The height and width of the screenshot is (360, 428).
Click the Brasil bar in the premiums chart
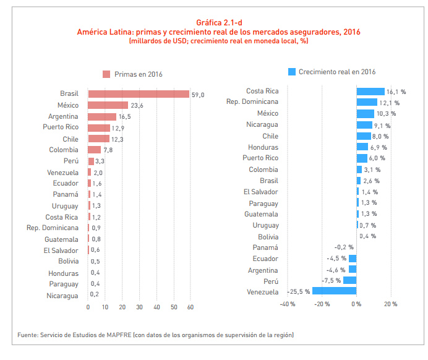(x=139, y=94)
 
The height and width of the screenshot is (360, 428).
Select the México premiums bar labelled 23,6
(x=108, y=105)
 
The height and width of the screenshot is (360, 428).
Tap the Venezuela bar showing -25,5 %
(x=334, y=291)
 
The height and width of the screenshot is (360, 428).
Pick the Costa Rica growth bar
(x=370, y=91)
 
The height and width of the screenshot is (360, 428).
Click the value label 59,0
(x=198, y=95)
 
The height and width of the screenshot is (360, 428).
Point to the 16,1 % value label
(x=396, y=92)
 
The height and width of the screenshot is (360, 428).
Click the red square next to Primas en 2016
(x=106, y=74)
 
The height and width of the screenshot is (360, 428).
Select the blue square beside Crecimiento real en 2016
(x=292, y=72)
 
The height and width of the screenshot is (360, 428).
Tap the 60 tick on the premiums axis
(x=191, y=307)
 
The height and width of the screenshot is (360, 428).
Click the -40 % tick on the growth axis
(x=288, y=304)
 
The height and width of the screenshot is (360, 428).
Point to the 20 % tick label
(x=391, y=304)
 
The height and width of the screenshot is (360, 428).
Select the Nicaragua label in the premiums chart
(x=62, y=296)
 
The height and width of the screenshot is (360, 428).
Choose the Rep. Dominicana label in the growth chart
(x=252, y=102)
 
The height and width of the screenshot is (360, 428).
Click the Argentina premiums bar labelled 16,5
(x=102, y=116)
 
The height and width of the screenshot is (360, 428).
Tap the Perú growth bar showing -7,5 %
(x=349, y=280)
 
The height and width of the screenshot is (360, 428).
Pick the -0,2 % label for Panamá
(x=344, y=247)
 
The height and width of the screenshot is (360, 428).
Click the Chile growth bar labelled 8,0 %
(x=363, y=136)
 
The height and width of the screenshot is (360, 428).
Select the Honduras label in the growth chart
(x=263, y=147)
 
